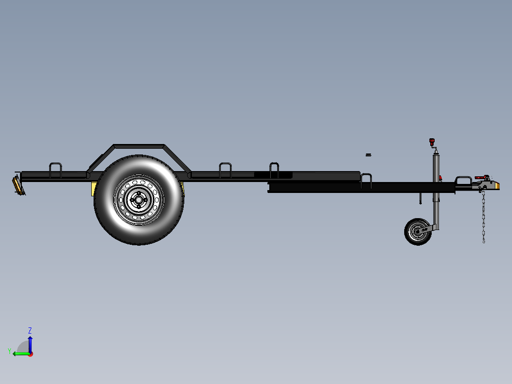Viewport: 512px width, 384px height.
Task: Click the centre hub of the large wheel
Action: (139, 200)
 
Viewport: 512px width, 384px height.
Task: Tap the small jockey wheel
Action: (418, 231)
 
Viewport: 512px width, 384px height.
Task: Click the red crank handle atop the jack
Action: (432, 142)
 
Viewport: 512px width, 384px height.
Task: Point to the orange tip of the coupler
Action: (497, 185)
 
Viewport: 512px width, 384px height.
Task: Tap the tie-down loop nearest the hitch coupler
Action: (464, 180)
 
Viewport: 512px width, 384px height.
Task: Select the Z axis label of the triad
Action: (30, 330)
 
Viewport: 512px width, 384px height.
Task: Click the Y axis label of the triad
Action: (9, 351)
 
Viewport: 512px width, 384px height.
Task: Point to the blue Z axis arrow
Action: (30, 343)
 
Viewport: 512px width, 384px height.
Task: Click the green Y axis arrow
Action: (20, 354)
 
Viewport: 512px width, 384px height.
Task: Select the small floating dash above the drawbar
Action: (368, 154)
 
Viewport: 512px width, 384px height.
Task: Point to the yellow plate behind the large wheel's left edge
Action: (93, 189)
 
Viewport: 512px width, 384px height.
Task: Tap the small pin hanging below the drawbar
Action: (421, 198)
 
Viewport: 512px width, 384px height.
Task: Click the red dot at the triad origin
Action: (30, 354)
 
